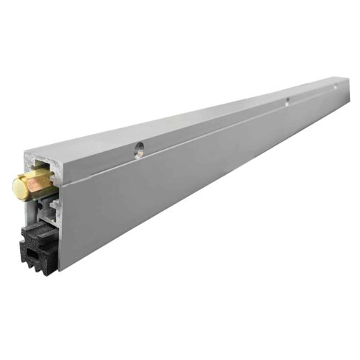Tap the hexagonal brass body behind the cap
point(40,183)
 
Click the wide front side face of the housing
point(180,187)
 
